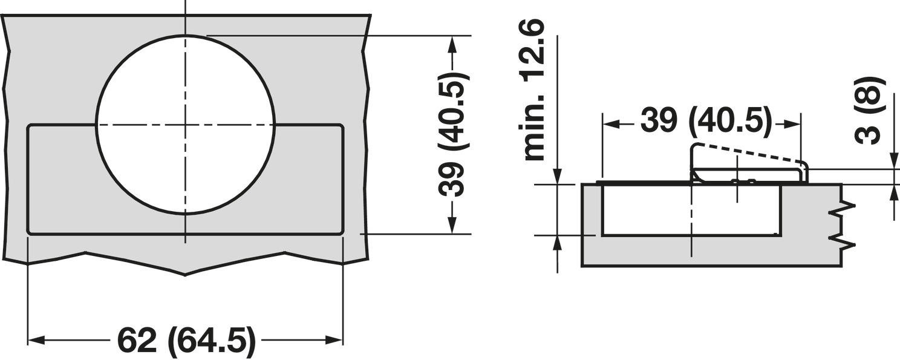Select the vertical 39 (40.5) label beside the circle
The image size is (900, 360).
453,134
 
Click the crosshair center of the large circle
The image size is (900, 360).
185,125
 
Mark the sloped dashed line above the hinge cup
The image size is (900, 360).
750,152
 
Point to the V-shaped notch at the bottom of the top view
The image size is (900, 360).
185,274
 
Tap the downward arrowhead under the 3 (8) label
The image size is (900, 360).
894,161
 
